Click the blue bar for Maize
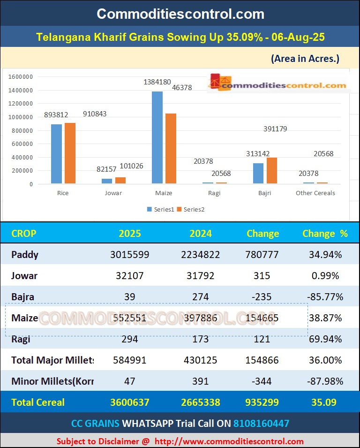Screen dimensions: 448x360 [x=157, y=137]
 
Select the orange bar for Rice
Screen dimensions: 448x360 [x=70, y=153]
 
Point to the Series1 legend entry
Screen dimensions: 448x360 [x=162, y=209]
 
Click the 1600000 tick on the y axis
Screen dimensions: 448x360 [x=21, y=77]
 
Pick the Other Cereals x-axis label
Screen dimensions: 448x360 [x=315, y=193]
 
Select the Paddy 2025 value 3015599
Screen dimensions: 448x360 [x=129, y=255]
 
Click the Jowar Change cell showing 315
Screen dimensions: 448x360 [x=262, y=276]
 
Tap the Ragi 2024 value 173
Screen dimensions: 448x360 [x=200, y=339]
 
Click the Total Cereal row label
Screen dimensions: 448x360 [x=38, y=402]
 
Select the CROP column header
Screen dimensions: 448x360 [x=23, y=234]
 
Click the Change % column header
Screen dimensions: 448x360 [x=325, y=234]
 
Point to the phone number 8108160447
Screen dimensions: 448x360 [x=261, y=424]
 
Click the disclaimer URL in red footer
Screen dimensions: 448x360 [x=229, y=441]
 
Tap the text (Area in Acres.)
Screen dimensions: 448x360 [x=305, y=59]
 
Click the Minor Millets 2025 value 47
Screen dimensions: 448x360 [x=129, y=381]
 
